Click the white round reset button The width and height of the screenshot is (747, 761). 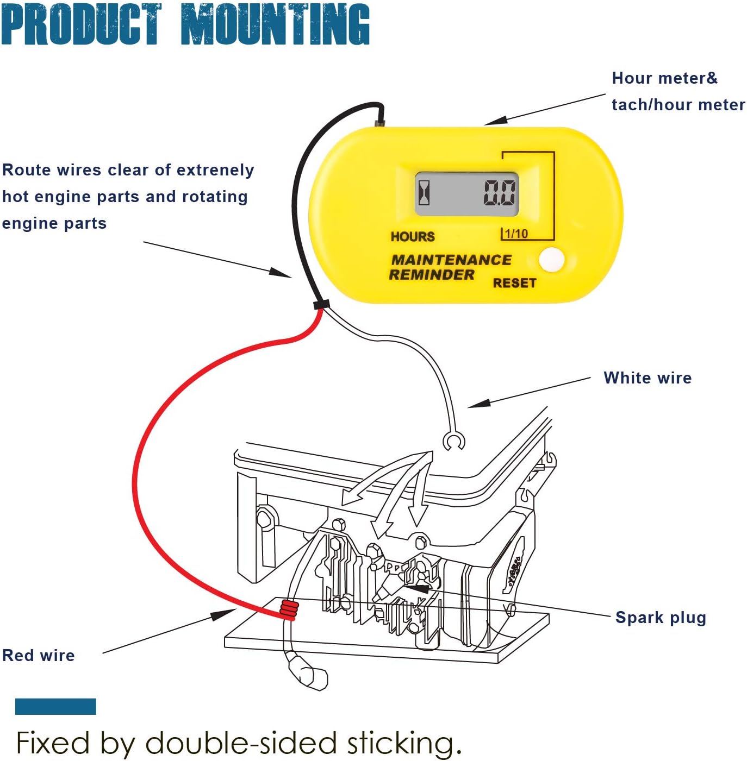552,260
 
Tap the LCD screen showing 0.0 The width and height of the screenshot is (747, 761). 466,194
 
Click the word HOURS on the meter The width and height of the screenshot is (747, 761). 413,236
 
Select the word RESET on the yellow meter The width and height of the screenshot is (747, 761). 514,283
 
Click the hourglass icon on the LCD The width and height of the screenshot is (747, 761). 424,193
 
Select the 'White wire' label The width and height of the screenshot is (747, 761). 648,378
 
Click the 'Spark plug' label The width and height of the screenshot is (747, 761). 661,617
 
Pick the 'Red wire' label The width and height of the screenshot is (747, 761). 39,655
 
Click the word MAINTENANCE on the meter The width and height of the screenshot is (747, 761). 451,260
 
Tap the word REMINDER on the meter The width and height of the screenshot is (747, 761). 432,274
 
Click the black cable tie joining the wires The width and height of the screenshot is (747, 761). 321,304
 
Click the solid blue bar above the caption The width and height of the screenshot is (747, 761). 56,706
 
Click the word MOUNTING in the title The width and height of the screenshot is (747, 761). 276,24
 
